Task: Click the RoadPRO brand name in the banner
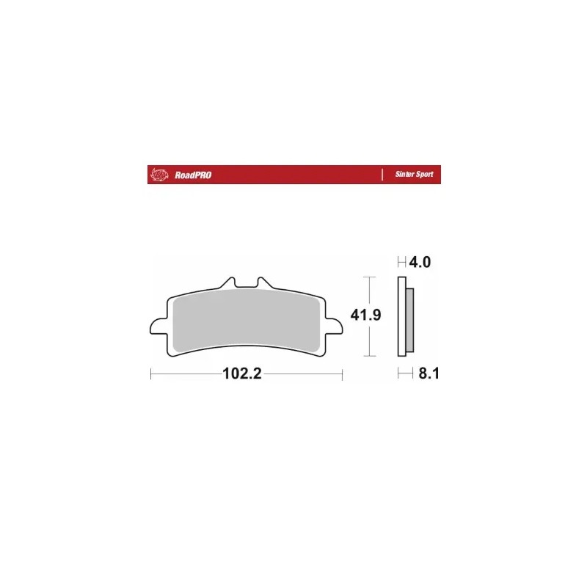193,175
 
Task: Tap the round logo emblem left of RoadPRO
157,175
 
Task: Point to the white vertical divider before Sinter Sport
383,175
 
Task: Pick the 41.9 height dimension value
365,316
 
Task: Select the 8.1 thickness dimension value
427,374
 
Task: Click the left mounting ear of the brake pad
158,327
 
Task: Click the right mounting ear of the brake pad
335,327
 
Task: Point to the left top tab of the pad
228,282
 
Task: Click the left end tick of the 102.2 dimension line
150,374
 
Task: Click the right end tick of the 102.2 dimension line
343,374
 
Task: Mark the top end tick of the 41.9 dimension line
370,277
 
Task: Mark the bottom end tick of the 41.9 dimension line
370,356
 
